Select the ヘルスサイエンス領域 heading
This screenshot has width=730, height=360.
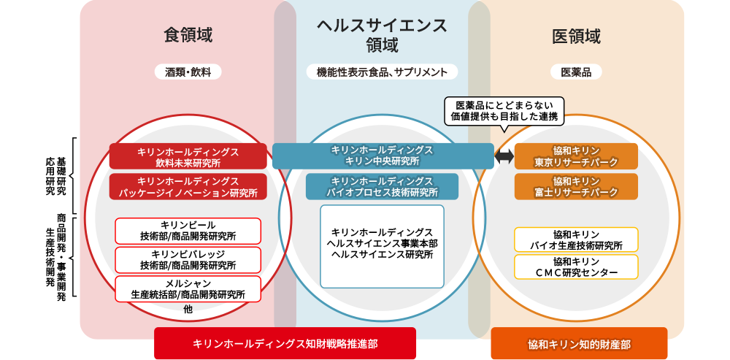tap(382, 35)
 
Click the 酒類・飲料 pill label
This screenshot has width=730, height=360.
tap(188, 72)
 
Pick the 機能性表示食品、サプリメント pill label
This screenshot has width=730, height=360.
tap(382, 72)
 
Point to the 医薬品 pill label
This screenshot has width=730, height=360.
tap(576, 72)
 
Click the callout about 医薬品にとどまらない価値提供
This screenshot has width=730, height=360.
tap(504, 110)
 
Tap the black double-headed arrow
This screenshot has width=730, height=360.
tap(504, 156)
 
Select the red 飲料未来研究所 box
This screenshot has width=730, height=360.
tap(188, 156)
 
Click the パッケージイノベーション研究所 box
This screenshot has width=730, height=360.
tap(188, 186)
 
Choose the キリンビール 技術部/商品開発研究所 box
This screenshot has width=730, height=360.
tap(188, 230)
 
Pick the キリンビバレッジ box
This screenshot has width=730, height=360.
tap(188, 259)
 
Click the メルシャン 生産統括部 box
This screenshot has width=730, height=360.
tap(188, 288)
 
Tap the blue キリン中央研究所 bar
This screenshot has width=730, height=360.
tap(383, 156)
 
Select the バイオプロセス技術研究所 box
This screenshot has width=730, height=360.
tap(382, 186)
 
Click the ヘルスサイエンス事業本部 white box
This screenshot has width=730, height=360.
tap(382, 246)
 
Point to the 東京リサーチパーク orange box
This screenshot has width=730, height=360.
tap(576, 156)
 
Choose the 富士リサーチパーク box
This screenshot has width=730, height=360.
tap(576, 186)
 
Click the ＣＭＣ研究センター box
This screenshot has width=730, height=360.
tap(576, 267)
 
